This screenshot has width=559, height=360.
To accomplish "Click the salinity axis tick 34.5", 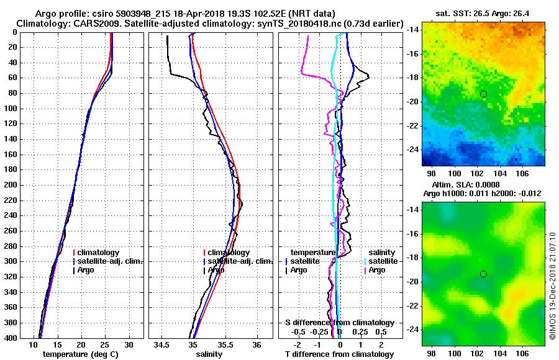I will tap(162, 344).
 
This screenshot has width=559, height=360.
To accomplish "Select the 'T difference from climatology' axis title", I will tap(340, 354).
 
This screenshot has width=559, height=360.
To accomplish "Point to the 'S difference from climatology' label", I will tap(340, 323).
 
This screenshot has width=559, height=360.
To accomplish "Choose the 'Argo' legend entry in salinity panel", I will tap(216, 270).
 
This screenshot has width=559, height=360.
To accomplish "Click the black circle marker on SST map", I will tap(483, 94).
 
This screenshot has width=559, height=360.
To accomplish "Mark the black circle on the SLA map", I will tap(483, 274).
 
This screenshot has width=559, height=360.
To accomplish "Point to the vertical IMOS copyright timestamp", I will tap(552, 287).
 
